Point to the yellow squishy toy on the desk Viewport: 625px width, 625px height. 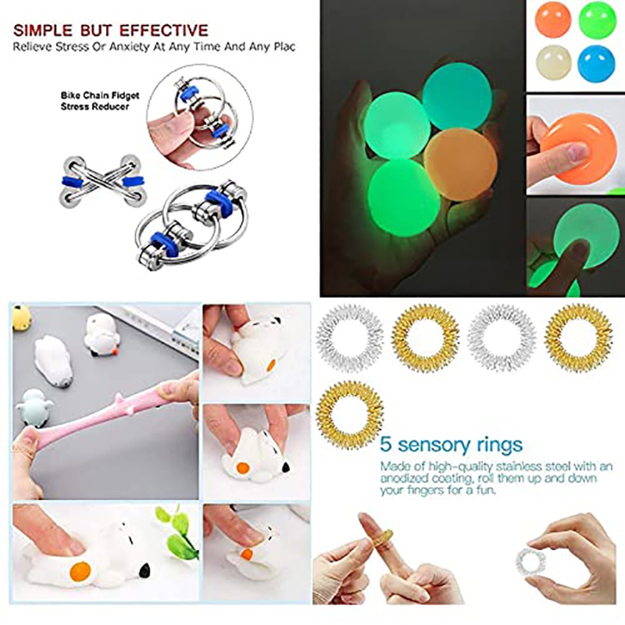[21, 316]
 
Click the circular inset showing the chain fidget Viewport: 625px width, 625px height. [198, 118]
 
